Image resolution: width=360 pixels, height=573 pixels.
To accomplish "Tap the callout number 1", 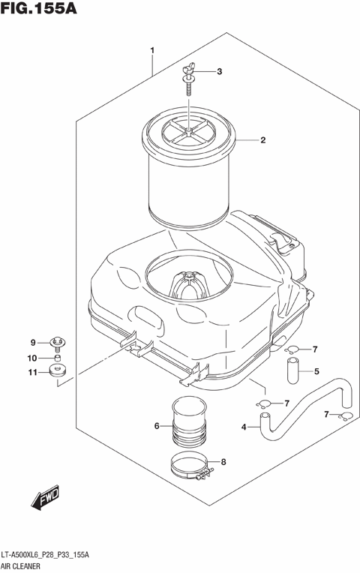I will tap(152, 51).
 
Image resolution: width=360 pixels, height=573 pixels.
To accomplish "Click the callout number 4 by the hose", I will tap(244, 427).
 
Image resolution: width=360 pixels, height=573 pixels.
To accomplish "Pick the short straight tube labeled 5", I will tap(292, 370).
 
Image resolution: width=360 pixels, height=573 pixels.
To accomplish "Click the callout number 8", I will tap(223, 463).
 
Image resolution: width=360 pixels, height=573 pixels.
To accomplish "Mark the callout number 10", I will tap(32, 357).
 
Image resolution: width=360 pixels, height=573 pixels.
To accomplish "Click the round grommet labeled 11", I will tap(57, 370).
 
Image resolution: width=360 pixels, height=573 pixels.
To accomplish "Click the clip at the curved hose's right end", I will tap(344, 417).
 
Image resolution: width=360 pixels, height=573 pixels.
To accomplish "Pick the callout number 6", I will tap(157, 426).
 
